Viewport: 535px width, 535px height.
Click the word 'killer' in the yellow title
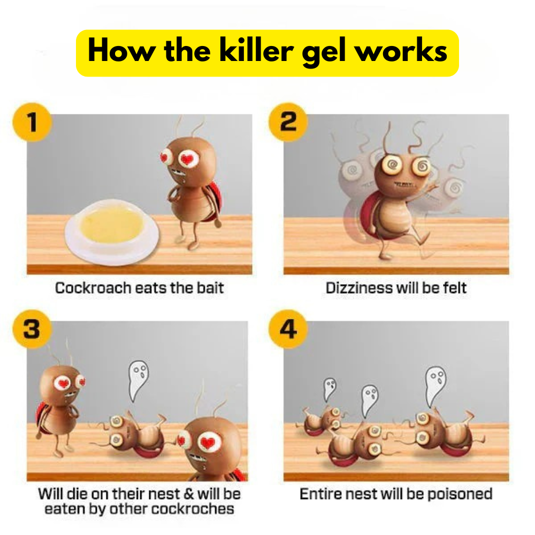(256, 50)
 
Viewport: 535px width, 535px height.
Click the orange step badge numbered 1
(32, 122)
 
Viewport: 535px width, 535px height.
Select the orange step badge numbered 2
(288, 122)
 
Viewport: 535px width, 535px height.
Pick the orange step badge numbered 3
(32, 329)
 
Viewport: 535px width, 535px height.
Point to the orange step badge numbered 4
(288, 329)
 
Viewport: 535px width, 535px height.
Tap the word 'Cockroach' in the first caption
(94, 288)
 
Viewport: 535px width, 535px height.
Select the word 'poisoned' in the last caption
(460, 494)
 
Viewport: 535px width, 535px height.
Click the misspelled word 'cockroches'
(193, 509)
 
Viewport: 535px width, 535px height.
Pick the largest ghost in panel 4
(435, 386)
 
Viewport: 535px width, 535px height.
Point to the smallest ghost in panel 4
(330, 389)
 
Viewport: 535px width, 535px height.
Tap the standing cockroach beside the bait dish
(191, 184)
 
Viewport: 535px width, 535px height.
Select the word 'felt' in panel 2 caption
(454, 288)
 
